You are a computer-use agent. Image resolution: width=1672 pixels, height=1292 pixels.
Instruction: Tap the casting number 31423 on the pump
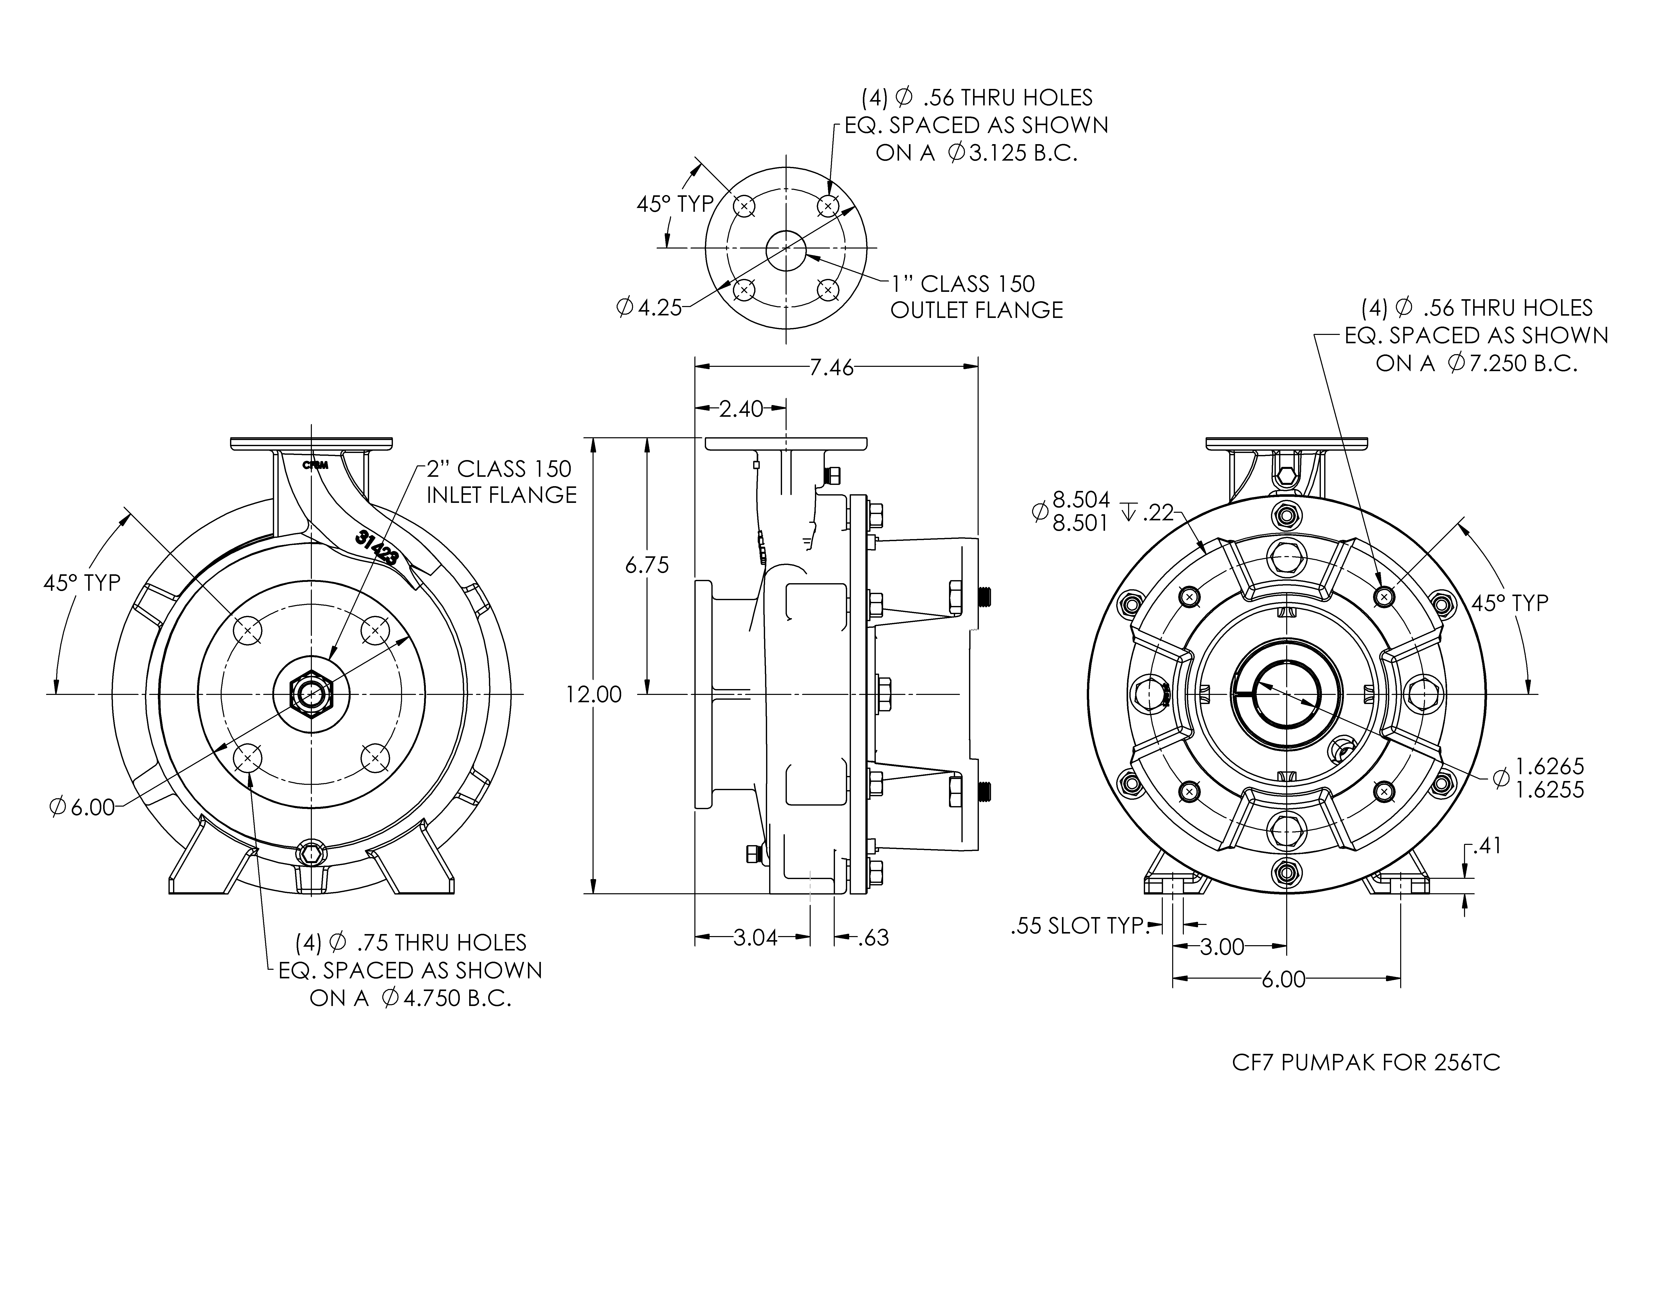click(377, 549)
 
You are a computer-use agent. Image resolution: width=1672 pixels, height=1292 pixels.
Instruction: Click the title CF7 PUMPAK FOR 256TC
click(1366, 1063)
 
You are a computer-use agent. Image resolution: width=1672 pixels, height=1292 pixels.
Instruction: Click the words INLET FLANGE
click(501, 495)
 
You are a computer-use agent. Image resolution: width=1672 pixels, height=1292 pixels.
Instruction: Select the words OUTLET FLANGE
click(977, 310)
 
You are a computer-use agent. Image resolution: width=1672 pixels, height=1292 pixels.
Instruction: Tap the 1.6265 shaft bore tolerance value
click(1549, 765)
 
